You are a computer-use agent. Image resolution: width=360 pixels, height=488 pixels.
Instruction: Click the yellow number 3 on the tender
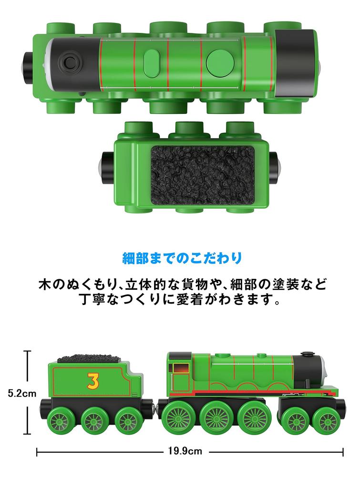(93, 381)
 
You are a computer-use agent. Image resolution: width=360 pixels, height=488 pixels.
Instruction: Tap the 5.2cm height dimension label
(22, 394)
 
